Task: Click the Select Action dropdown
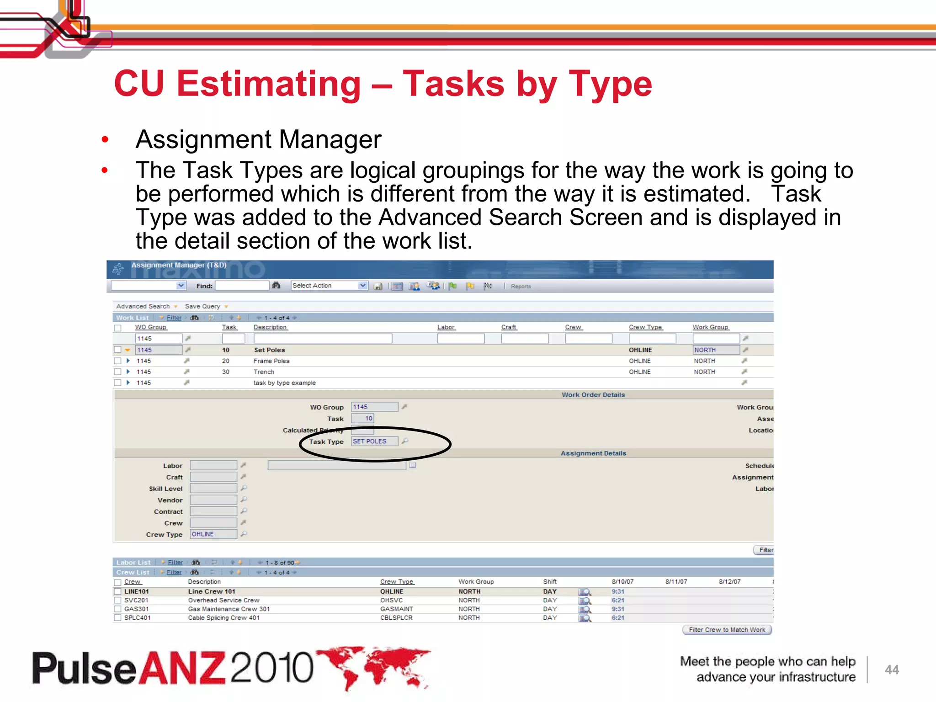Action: (x=329, y=286)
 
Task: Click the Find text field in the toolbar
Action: (x=242, y=286)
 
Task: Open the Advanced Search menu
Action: (x=143, y=306)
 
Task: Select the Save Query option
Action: (x=202, y=306)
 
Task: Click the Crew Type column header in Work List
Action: (x=645, y=327)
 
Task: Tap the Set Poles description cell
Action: (x=269, y=350)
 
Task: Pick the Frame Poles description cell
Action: (x=271, y=361)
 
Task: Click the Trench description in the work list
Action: (x=264, y=372)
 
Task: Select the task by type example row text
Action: (x=284, y=383)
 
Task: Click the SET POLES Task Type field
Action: (x=374, y=441)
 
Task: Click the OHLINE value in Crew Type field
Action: (x=213, y=534)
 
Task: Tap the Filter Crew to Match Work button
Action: (x=727, y=630)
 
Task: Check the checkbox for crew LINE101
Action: (x=117, y=591)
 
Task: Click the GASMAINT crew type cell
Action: (x=396, y=609)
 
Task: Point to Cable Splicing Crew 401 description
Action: (x=223, y=618)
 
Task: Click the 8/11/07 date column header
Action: (x=676, y=582)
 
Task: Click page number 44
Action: (x=892, y=670)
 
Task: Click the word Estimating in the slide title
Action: (x=269, y=84)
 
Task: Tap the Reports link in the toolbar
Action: (x=521, y=287)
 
